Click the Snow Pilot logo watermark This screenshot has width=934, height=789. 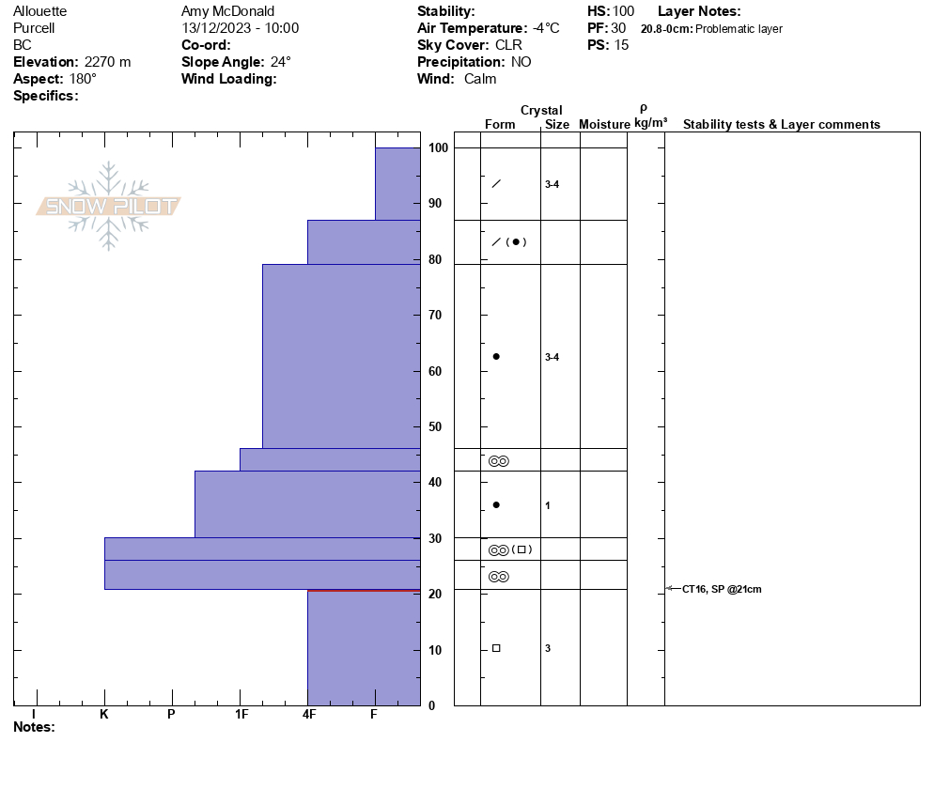(109, 206)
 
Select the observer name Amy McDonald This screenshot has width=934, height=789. (227, 11)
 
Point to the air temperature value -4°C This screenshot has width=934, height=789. (545, 28)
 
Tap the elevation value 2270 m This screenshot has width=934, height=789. (107, 62)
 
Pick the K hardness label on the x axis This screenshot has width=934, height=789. (103, 715)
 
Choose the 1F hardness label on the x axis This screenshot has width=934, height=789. (241, 715)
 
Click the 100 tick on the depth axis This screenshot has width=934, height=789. (438, 148)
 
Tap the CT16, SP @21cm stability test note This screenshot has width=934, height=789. (722, 589)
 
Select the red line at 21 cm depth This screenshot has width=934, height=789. (364, 590)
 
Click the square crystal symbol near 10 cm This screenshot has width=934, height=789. (496, 648)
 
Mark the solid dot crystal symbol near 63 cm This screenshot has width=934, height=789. (496, 356)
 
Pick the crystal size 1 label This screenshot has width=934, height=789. (548, 505)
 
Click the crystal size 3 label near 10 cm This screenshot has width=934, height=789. (548, 648)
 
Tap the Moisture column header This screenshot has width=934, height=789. (604, 125)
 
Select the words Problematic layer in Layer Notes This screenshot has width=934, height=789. (739, 29)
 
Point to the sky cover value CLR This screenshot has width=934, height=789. (508, 45)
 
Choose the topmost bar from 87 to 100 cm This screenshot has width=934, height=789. (397, 183)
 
